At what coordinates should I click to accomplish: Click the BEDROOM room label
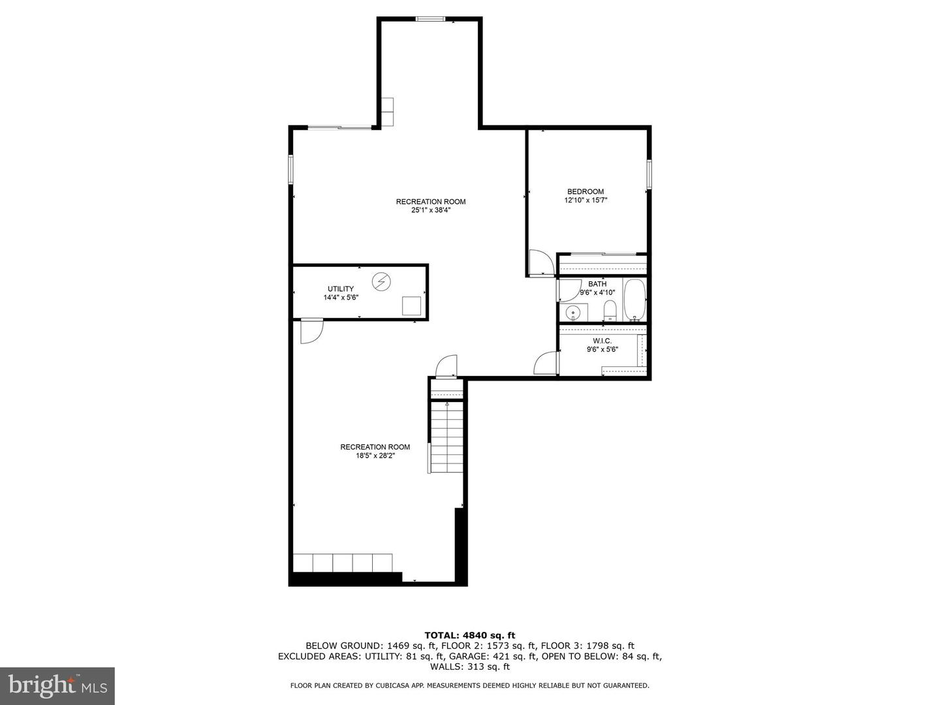coord(585,191)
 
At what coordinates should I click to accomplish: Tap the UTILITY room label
coord(340,289)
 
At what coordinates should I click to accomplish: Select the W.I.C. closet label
coord(602,341)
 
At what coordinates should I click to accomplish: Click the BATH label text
coord(597,284)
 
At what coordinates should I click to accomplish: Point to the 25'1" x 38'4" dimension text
coord(430,210)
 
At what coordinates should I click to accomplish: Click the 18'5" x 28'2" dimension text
coord(375,456)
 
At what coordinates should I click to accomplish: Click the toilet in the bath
coord(610,311)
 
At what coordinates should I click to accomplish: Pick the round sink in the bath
coord(573,313)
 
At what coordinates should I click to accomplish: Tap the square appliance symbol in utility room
coord(412,306)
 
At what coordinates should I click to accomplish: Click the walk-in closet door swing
coord(546,363)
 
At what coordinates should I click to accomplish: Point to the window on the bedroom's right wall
coord(649,174)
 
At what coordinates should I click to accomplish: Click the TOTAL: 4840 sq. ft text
coord(469,634)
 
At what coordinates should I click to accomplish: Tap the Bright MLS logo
coord(57,685)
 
